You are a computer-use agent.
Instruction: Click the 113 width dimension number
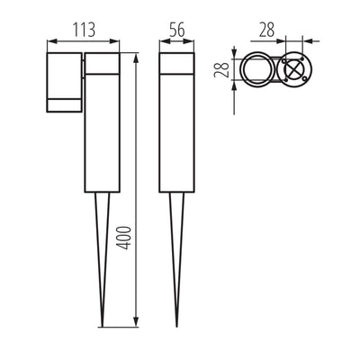(83, 29)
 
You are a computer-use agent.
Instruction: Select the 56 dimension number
(176, 29)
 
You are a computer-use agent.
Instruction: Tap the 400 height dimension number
(126, 237)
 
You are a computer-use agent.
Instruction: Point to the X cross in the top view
(292, 71)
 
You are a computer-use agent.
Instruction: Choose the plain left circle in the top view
(257, 71)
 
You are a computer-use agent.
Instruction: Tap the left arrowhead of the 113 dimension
(49, 40)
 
